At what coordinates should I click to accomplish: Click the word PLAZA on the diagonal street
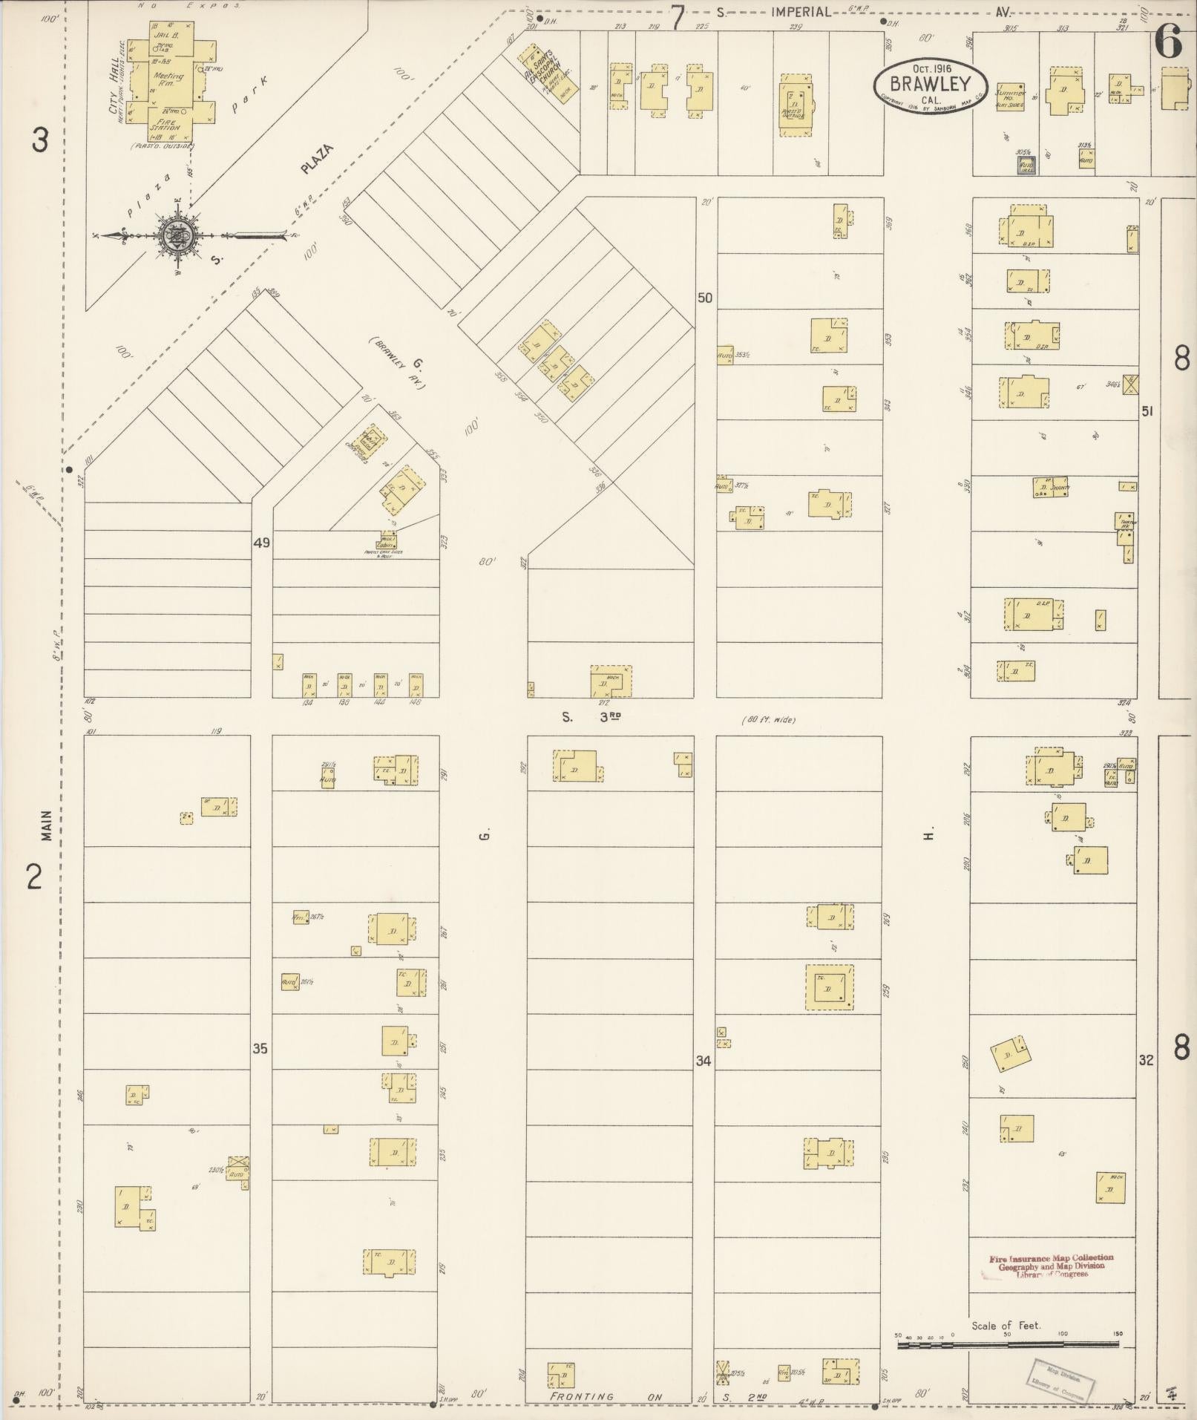pyautogui.click(x=317, y=159)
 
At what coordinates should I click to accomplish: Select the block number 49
pyautogui.click(x=261, y=543)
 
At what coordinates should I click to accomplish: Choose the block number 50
pyautogui.click(x=704, y=298)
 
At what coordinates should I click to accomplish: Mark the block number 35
pyautogui.click(x=260, y=1049)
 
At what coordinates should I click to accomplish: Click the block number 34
pyautogui.click(x=704, y=1061)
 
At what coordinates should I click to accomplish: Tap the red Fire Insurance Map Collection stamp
pyautogui.click(x=1051, y=1266)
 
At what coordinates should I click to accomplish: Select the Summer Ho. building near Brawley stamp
pyautogui.click(x=1009, y=96)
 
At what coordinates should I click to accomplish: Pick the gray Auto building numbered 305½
pyautogui.click(x=1026, y=165)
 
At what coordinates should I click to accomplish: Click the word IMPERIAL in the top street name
pyautogui.click(x=800, y=13)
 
